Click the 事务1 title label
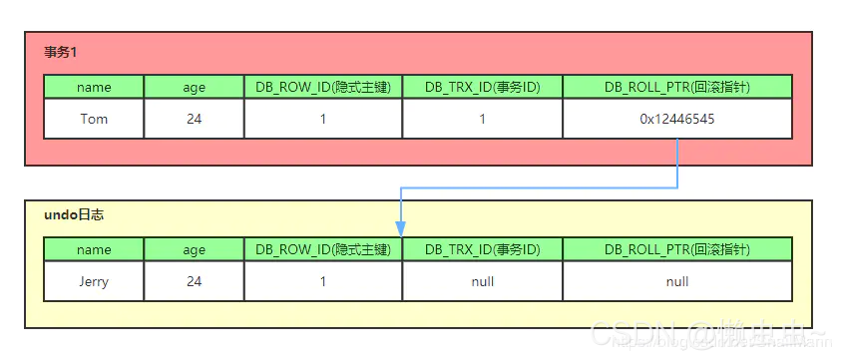pyautogui.click(x=62, y=51)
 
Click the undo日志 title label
pyautogui.click(x=74, y=214)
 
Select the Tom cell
pyautogui.click(x=94, y=119)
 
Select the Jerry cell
pyautogui.click(x=94, y=281)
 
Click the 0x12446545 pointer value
pyautogui.click(x=676, y=119)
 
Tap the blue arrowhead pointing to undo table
pyautogui.click(x=401, y=228)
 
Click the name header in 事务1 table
pyautogui.click(x=94, y=87)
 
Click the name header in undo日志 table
pyautogui.click(x=94, y=249)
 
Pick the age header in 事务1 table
pyautogui.click(x=194, y=87)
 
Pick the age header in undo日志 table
pyautogui.click(x=194, y=249)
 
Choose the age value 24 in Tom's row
pyautogui.click(x=194, y=119)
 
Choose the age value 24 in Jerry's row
pyautogui.click(x=194, y=281)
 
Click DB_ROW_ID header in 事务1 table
pyautogui.click(x=323, y=87)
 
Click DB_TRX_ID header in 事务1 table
pyautogui.click(x=482, y=87)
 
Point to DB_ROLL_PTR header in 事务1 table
pyautogui.click(x=676, y=87)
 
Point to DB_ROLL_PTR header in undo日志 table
pyautogui.click(x=676, y=249)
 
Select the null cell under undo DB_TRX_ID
pyautogui.click(x=482, y=281)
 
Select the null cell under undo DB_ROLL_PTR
pyautogui.click(x=676, y=281)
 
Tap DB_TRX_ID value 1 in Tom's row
pyautogui.click(x=482, y=119)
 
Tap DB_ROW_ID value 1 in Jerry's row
pyautogui.click(x=323, y=281)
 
